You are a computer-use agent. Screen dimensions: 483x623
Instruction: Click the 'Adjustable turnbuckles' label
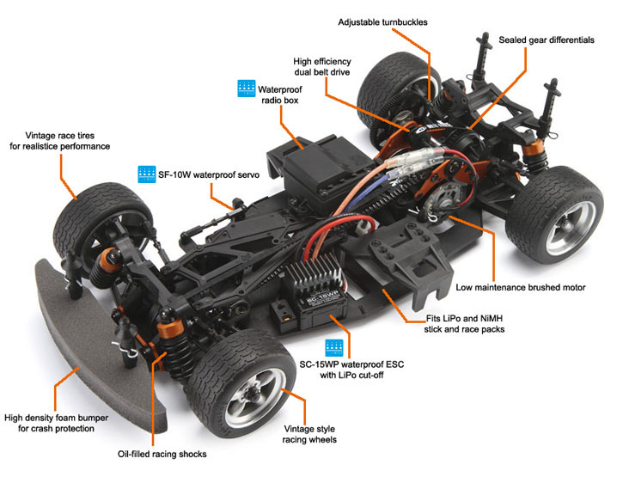tap(382, 21)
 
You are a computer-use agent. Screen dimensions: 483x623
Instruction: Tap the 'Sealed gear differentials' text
tap(544, 40)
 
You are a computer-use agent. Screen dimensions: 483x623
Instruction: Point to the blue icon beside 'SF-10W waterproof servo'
tap(146, 173)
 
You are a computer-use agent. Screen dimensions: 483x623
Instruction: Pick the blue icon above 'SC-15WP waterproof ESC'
tap(334, 348)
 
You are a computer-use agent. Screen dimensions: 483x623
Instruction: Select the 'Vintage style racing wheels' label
tap(309, 432)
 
